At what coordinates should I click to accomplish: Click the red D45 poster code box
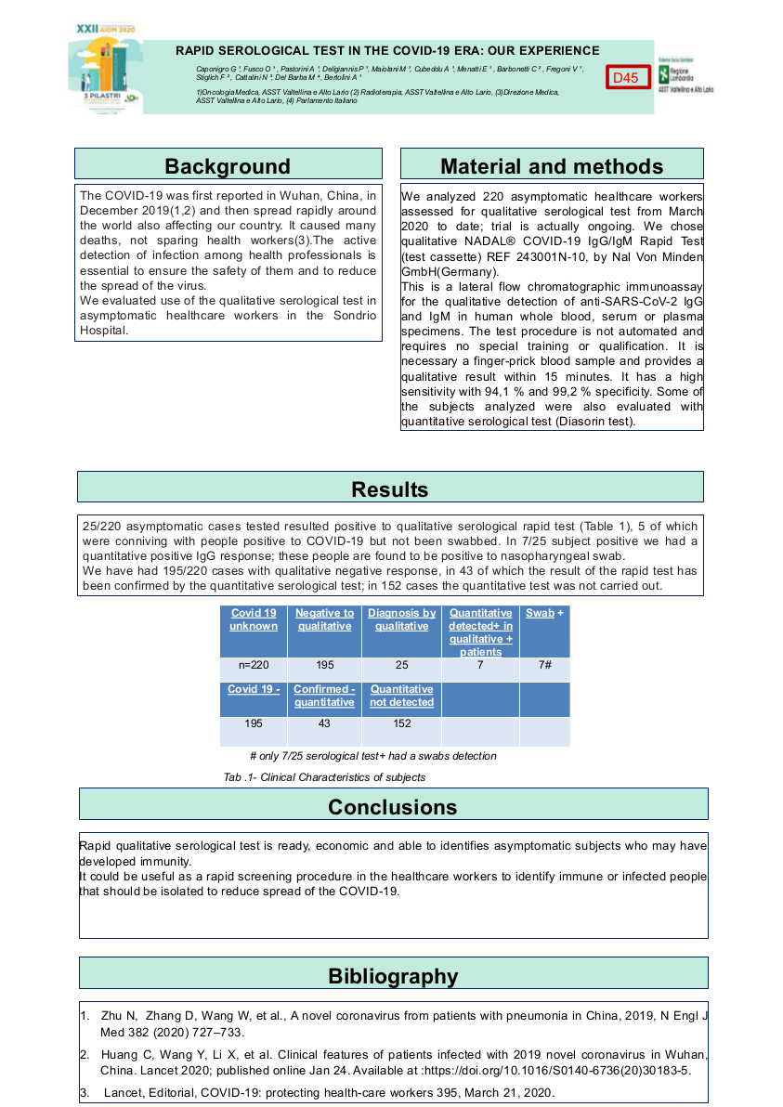[627, 78]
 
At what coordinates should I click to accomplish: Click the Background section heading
[228, 165]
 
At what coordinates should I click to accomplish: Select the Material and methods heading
[552, 165]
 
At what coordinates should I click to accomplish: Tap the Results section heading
[390, 488]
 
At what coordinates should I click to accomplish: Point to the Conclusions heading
[393, 806]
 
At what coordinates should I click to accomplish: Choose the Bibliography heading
[393, 975]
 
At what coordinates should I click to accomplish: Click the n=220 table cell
[254, 665]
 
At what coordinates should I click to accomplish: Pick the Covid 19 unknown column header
[254, 619]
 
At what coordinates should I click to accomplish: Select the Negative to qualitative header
[324, 619]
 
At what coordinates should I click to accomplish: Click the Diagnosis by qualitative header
[401, 619]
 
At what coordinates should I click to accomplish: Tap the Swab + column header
[544, 614]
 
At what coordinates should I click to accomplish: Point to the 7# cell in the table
[544, 665]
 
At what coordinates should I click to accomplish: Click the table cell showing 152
[401, 723]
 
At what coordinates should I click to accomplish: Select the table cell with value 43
[324, 723]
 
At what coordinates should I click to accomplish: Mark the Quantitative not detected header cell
[401, 696]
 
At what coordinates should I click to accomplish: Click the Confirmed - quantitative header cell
[324, 696]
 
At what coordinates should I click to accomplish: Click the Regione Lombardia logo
[684, 74]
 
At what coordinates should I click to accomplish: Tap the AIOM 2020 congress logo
[104, 69]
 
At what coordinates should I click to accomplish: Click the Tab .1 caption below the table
[324, 776]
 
